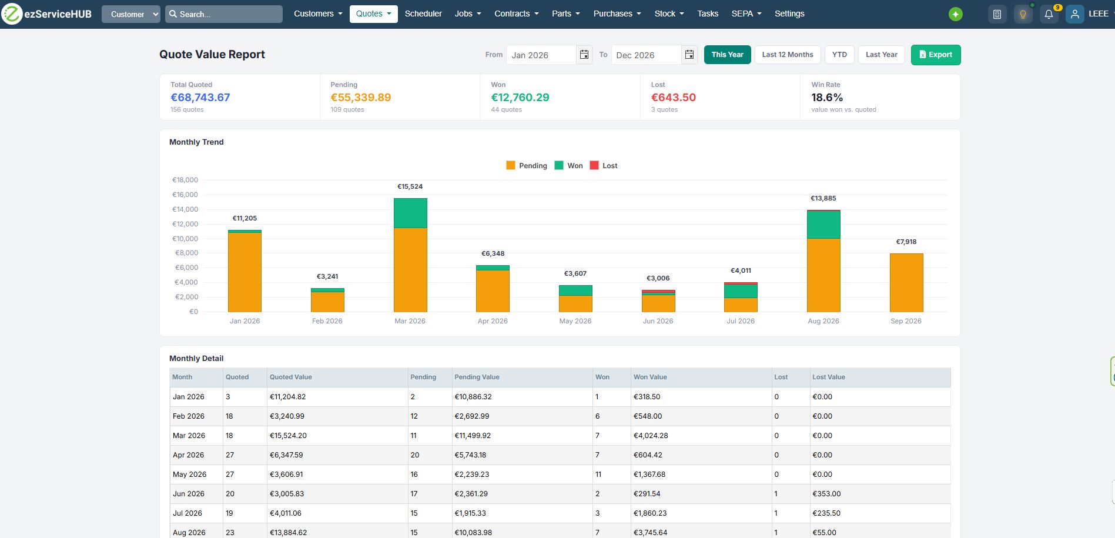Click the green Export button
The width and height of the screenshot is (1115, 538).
936,55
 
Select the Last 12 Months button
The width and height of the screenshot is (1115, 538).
788,55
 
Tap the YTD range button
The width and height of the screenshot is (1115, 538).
839,55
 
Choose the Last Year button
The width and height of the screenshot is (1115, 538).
882,55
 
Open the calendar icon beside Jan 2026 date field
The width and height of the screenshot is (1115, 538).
584,55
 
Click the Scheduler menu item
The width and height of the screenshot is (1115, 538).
423,14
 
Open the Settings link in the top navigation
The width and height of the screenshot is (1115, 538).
789,14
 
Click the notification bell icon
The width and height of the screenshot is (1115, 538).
1049,14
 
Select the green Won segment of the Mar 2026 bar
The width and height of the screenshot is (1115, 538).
410,213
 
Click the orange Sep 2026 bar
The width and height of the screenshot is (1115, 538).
906,283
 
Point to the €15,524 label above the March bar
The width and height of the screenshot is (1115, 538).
410,186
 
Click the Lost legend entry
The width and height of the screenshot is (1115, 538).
604,166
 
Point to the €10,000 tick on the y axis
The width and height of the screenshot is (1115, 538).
185,239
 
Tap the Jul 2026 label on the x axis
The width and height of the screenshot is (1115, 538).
741,321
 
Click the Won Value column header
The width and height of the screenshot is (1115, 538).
650,377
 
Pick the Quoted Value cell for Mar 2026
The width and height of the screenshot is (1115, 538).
288,436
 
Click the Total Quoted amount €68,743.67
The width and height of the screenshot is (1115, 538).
200,98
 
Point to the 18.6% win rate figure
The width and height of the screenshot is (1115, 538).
827,98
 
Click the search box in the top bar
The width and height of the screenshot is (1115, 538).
224,14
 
